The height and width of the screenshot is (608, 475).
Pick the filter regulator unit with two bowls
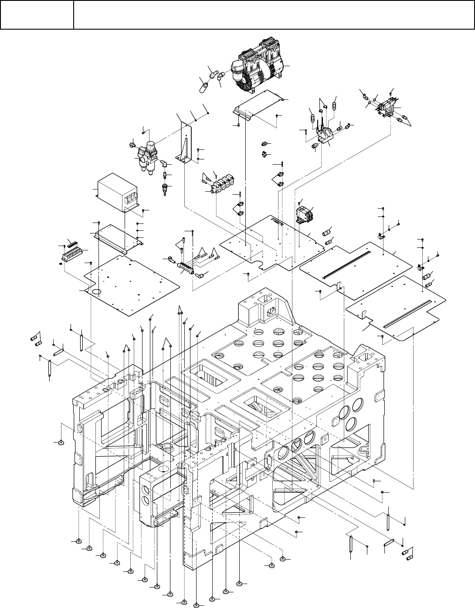(x=147, y=155)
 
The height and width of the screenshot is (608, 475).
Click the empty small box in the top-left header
(x=37, y=15)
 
